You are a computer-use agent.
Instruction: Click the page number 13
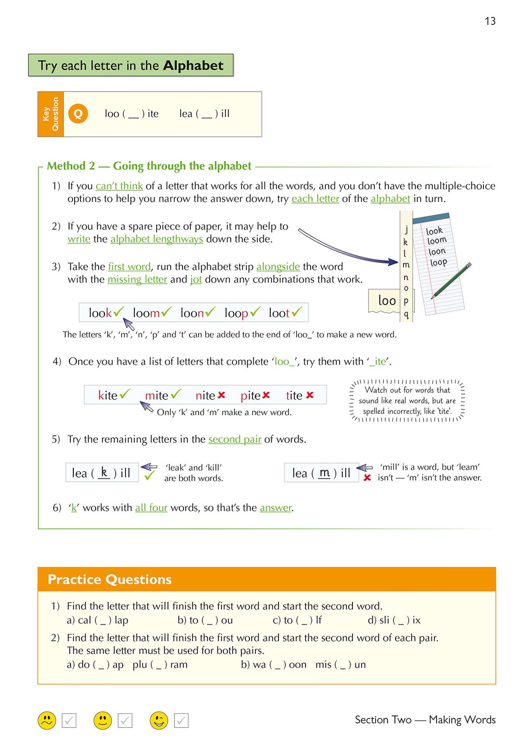click(x=490, y=21)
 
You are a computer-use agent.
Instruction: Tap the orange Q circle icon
click(x=78, y=114)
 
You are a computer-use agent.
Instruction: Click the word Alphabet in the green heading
click(x=193, y=65)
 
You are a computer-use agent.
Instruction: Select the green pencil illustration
click(x=451, y=280)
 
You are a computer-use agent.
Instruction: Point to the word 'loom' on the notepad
click(x=437, y=241)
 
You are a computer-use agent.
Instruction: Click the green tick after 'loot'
click(x=297, y=312)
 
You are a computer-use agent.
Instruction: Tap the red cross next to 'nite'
click(x=221, y=395)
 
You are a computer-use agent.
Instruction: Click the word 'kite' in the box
click(x=107, y=396)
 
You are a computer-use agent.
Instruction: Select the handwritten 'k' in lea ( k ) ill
click(x=104, y=472)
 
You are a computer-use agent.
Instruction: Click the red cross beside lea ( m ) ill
click(x=367, y=478)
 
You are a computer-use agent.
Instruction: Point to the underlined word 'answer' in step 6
click(x=276, y=508)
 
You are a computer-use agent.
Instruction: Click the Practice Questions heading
click(x=110, y=579)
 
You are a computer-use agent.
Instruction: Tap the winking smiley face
click(x=159, y=720)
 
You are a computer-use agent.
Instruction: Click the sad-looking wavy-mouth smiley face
click(x=47, y=720)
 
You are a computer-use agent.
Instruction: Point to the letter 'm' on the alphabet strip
click(x=406, y=265)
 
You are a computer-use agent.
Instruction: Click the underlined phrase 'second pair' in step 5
click(x=234, y=439)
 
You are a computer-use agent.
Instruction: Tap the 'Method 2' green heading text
click(x=71, y=166)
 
